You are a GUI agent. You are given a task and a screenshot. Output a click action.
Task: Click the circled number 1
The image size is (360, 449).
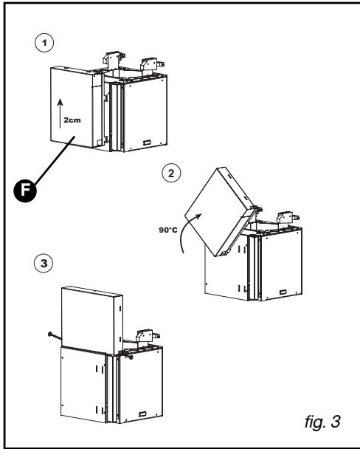[x=44, y=43]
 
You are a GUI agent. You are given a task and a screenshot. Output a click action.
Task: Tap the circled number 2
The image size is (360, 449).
[x=171, y=174]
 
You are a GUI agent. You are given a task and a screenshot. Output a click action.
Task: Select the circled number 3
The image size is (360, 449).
[x=44, y=263]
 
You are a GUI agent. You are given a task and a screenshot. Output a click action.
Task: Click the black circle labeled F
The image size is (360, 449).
[x=25, y=191]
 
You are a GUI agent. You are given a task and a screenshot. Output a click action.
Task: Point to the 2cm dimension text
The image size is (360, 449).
[x=72, y=120]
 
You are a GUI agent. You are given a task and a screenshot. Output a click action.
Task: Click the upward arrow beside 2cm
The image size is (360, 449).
[x=60, y=113]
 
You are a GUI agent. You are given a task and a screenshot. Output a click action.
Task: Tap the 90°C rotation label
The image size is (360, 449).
[x=168, y=230]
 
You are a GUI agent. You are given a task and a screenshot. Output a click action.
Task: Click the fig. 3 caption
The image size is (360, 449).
[x=322, y=422]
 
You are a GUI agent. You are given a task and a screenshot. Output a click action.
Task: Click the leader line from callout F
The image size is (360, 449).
[x=55, y=161]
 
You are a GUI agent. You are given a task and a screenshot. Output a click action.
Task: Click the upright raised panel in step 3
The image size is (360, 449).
[x=92, y=321]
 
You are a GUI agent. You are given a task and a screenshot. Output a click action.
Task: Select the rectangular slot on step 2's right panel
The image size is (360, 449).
[x=283, y=292]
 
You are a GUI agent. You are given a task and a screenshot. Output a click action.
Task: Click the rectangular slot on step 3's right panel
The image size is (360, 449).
[x=142, y=414]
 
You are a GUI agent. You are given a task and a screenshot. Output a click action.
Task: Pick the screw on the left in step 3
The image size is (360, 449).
[x=55, y=336]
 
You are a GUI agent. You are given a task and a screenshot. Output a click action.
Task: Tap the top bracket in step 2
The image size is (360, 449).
[x=288, y=219]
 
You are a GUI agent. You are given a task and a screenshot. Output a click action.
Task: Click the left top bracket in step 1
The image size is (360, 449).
[x=114, y=58]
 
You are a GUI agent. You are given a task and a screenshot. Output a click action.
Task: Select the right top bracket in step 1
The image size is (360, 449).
[x=152, y=65]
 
